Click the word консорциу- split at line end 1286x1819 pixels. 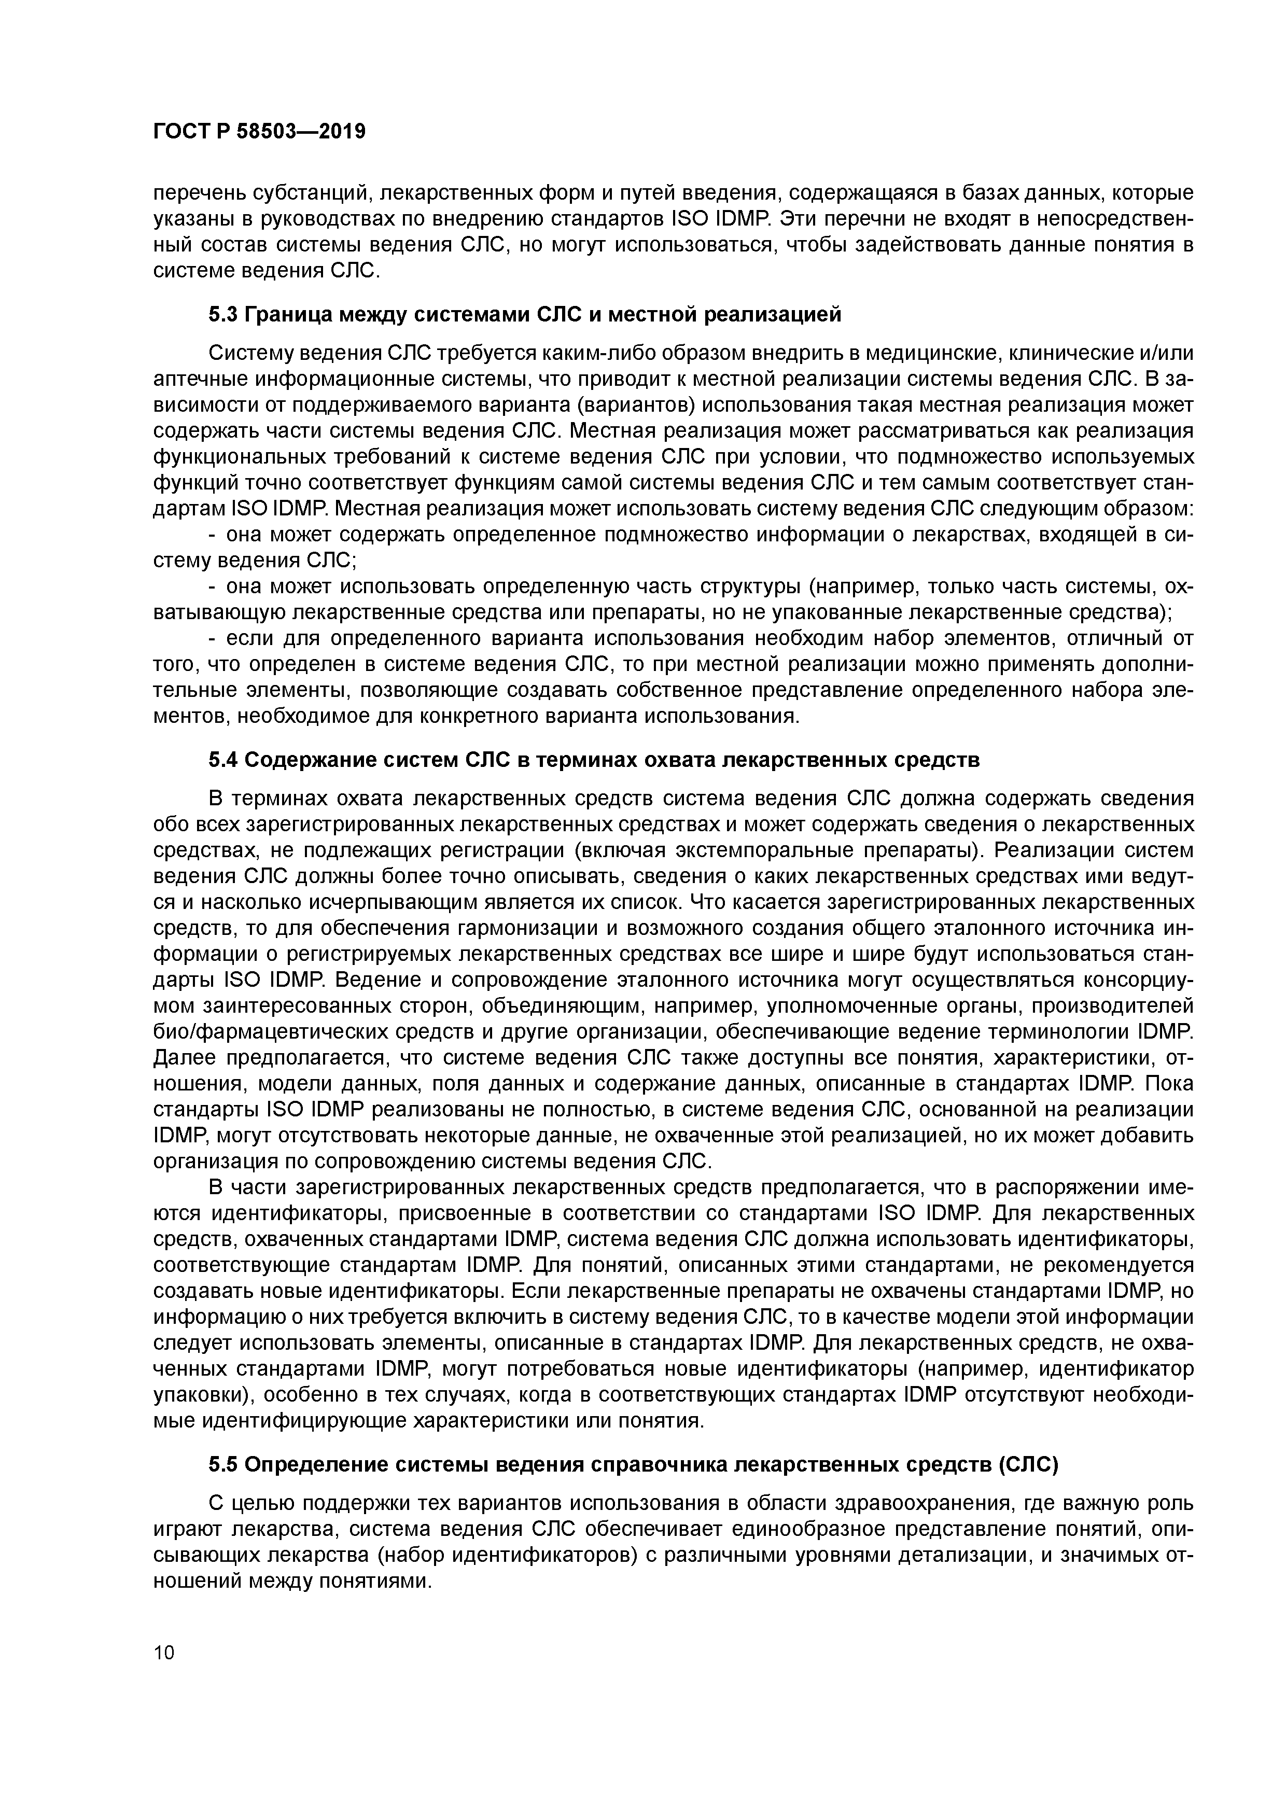1138,981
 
